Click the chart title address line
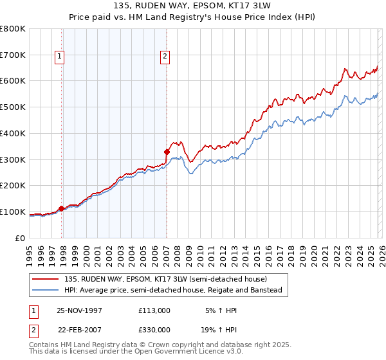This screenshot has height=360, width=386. coord(192,6)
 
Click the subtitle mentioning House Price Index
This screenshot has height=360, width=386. coord(192,17)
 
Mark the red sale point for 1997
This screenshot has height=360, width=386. coord(62,208)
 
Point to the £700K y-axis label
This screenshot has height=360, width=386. coord(13,55)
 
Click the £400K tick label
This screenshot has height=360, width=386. coord(13,134)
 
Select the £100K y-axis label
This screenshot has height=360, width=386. coord(13,212)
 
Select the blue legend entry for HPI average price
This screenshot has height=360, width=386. coord(173,291)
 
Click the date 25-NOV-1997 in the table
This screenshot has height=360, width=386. coord(79,310)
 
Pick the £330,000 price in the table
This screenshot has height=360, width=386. coord(154,328)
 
